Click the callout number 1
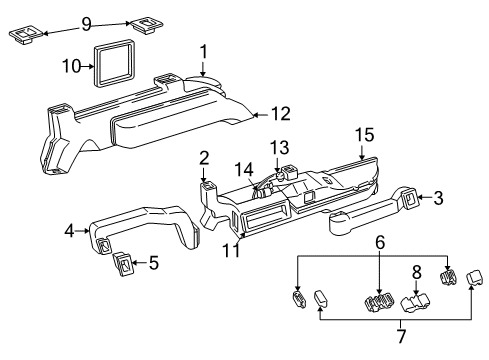[203, 51]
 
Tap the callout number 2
[203, 157]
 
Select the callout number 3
[437, 200]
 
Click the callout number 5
[153, 263]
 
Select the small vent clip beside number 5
[125, 265]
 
